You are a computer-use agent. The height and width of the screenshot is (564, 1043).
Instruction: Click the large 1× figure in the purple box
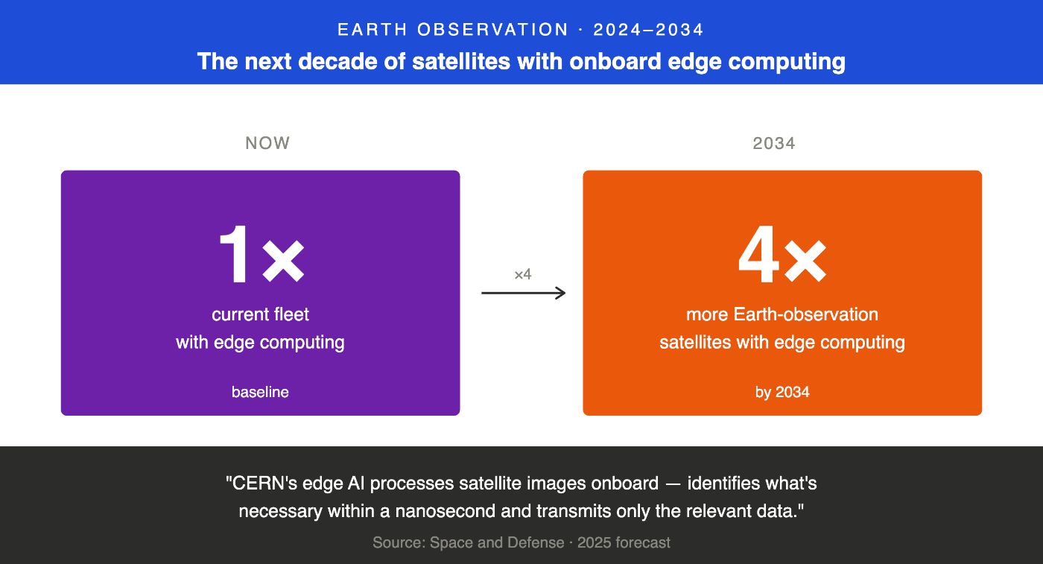(261, 256)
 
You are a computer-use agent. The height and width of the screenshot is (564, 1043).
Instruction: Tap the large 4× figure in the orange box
(782, 256)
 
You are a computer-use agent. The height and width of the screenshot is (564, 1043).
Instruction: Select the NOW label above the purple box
(267, 143)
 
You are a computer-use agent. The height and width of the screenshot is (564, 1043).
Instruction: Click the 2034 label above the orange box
(774, 143)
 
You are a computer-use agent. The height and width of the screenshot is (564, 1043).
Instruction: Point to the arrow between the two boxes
(523, 294)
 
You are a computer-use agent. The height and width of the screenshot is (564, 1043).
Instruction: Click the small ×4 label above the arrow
(523, 274)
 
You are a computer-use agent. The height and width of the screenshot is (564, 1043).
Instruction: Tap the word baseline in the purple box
(260, 392)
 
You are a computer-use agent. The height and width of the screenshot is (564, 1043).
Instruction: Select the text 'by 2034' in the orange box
(782, 392)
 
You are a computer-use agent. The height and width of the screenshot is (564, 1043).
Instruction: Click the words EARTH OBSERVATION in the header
(453, 30)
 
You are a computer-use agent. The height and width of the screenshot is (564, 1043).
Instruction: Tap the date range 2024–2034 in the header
(648, 30)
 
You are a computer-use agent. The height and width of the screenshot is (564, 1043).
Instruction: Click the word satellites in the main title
(454, 61)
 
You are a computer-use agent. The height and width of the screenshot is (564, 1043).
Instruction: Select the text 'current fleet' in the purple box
(260, 314)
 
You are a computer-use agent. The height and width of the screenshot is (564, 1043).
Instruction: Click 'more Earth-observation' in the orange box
(782, 314)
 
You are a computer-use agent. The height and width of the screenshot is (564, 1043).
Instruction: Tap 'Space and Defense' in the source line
(497, 542)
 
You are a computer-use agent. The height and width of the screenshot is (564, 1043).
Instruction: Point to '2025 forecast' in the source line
(624, 542)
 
